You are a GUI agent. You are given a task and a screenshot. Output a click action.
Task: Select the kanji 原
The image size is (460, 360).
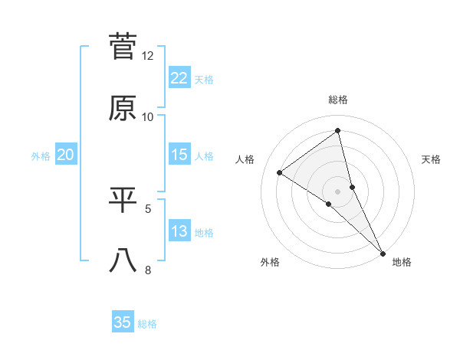[x=123, y=108]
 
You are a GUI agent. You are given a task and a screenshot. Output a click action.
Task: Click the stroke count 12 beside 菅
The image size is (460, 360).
[x=148, y=56]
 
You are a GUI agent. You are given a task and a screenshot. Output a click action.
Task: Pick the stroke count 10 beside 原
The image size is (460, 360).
[x=148, y=117]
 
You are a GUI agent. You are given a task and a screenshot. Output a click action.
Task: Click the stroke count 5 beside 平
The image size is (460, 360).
[x=149, y=208]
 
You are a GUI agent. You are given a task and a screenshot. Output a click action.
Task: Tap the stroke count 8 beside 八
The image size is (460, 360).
[x=149, y=270]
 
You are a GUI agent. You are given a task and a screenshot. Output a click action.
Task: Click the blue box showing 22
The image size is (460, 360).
[x=179, y=78]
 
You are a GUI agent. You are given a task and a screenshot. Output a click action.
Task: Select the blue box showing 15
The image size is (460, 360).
[x=179, y=155]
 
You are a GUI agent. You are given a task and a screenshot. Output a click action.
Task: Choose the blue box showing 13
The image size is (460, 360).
[x=179, y=231]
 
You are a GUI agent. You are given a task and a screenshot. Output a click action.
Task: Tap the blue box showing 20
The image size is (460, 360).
[x=65, y=155]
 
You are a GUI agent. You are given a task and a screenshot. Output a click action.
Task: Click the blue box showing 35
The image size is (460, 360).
[x=123, y=322]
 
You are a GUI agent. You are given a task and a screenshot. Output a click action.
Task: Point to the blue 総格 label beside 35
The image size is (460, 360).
[x=147, y=324]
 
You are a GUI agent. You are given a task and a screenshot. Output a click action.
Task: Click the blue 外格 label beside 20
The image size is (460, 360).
[x=41, y=156]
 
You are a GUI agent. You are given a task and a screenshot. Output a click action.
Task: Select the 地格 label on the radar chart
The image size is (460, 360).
[x=402, y=262]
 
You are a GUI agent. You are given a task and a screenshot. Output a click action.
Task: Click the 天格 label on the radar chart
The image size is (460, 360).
[x=432, y=159]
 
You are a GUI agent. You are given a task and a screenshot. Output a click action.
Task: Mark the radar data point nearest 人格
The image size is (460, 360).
[x=280, y=172]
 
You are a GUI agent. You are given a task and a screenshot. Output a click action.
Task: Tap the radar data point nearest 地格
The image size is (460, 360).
[x=383, y=253]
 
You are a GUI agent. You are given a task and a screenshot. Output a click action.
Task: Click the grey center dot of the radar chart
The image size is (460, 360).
[x=338, y=191]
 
